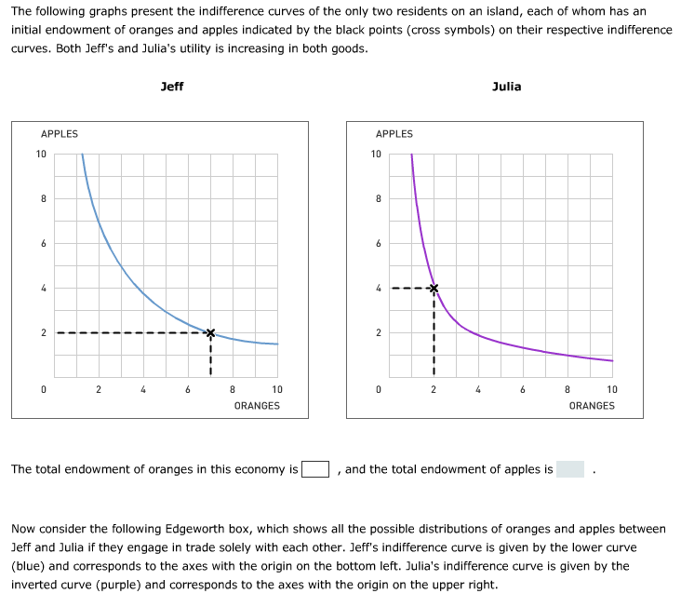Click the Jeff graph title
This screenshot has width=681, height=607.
172,87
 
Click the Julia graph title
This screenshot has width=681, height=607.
507,87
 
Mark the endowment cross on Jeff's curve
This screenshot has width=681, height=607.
210,332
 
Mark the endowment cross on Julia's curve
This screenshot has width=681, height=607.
434,288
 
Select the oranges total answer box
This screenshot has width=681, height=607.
315,469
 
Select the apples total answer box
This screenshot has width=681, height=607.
570,469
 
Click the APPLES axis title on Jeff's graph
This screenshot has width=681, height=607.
60,134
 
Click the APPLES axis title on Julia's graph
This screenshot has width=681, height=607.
394,134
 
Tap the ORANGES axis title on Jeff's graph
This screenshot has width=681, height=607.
257,406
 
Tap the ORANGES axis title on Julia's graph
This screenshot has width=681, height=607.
592,406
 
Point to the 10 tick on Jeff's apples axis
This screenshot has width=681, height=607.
42,154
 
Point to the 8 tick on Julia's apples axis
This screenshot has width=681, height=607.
378,198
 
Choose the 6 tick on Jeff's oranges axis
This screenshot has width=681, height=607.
188,390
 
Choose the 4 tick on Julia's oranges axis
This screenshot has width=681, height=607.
478,390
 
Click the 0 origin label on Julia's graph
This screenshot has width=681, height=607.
378,390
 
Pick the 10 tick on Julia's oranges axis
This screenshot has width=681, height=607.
611,390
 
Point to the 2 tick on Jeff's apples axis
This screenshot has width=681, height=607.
43,332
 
